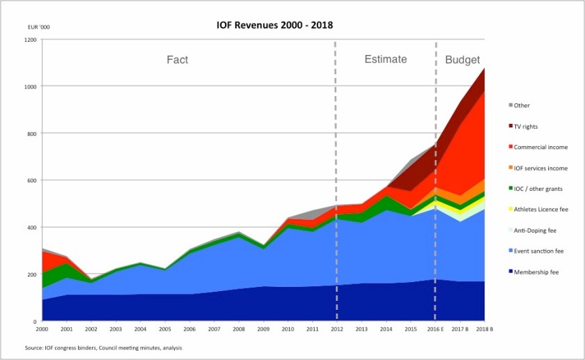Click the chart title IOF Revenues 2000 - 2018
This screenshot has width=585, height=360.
pyautogui.click(x=274, y=25)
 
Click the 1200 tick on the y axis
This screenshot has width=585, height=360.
pyautogui.click(x=29, y=40)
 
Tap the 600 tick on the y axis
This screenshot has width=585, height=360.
pyautogui.click(x=31, y=180)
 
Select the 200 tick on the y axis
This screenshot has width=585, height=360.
pyautogui.click(x=31, y=274)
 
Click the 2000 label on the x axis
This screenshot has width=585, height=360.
pyautogui.click(x=42, y=329)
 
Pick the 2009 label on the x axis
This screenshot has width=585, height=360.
pyautogui.click(x=263, y=329)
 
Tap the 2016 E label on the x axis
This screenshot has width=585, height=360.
pyautogui.click(x=435, y=329)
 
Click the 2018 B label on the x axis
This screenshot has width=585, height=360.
pyautogui.click(x=484, y=329)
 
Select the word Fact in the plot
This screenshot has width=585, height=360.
pyautogui.click(x=177, y=60)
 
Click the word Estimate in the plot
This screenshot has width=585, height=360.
pyautogui.click(x=385, y=60)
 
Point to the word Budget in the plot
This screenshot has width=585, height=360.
pyautogui.click(x=462, y=60)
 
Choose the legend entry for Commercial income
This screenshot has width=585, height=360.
pyautogui.click(x=540, y=147)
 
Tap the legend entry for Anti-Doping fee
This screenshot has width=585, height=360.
pyautogui.click(x=536, y=230)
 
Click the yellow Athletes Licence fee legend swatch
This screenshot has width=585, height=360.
pyautogui.click(x=510, y=210)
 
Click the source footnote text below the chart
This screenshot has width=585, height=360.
pyautogui.click(x=103, y=347)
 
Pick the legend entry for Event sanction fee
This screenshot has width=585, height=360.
pyautogui.click(x=538, y=251)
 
